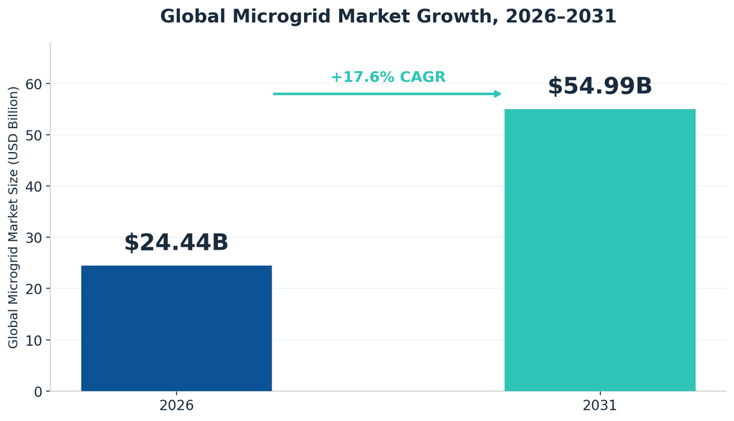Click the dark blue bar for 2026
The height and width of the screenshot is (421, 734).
pyautogui.click(x=176, y=328)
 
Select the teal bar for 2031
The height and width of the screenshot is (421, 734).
pyautogui.click(x=600, y=250)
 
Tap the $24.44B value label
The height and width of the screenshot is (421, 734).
pyautogui.click(x=176, y=242)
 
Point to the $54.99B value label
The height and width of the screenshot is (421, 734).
pyautogui.click(x=600, y=86)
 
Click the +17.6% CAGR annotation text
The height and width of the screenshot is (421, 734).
pyautogui.click(x=388, y=77)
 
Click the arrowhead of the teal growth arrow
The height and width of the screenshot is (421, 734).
pyautogui.click(x=498, y=94)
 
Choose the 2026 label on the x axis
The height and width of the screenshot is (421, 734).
pyautogui.click(x=176, y=405)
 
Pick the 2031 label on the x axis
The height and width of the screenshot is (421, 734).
pyautogui.click(x=600, y=405)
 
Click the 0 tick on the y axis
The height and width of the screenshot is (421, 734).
pyautogui.click(x=39, y=392)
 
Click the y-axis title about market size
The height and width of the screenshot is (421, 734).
pyautogui.click(x=13, y=217)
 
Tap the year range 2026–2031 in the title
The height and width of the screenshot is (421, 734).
pyautogui.click(x=561, y=16)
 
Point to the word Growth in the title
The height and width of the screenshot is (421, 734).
pyautogui.click(x=459, y=17)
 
